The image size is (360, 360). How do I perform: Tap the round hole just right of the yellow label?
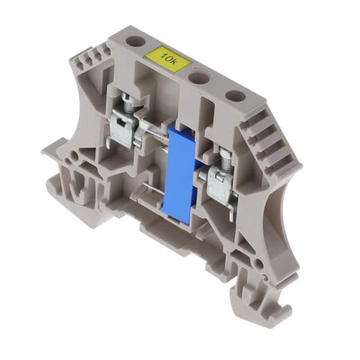(x=197, y=79)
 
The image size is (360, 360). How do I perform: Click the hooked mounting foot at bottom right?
(x=264, y=299)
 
